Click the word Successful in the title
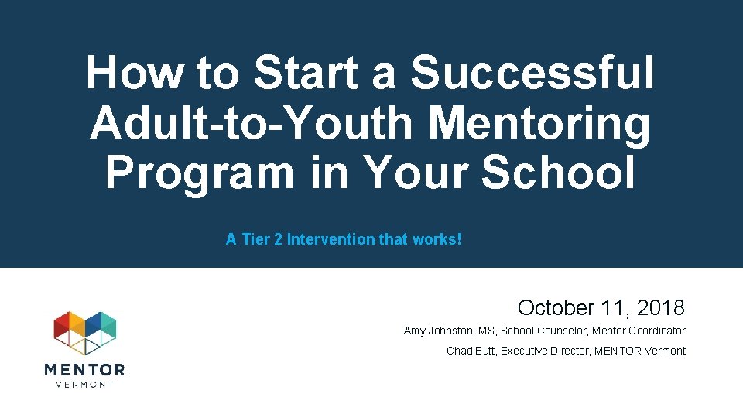click(x=532, y=73)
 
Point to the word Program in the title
click(x=200, y=172)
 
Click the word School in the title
click(x=557, y=172)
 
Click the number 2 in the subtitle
click(x=277, y=239)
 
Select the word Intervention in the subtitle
click(x=330, y=239)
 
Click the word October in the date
click(x=554, y=308)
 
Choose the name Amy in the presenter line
click(x=415, y=331)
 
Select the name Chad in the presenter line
click(x=459, y=351)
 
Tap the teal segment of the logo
click(x=108, y=326)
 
